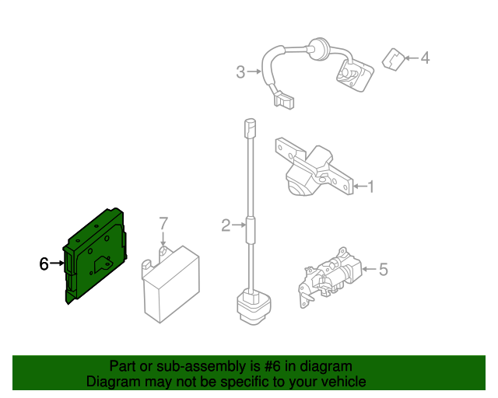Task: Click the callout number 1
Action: [x=371, y=187]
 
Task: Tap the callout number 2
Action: [x=225, y=226]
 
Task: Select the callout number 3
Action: [x=240, y=72]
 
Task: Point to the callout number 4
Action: [x=425, y=58]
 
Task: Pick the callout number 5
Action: [x=382, y=270]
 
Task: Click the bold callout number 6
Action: [x=44, y=264]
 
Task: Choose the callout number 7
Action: [x=163, y=224]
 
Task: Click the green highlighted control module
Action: [x=96, y=253]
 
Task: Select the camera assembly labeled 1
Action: [x=311, y=169]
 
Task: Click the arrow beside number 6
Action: [x=58, y=264]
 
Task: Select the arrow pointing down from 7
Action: [x=163, y=240]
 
